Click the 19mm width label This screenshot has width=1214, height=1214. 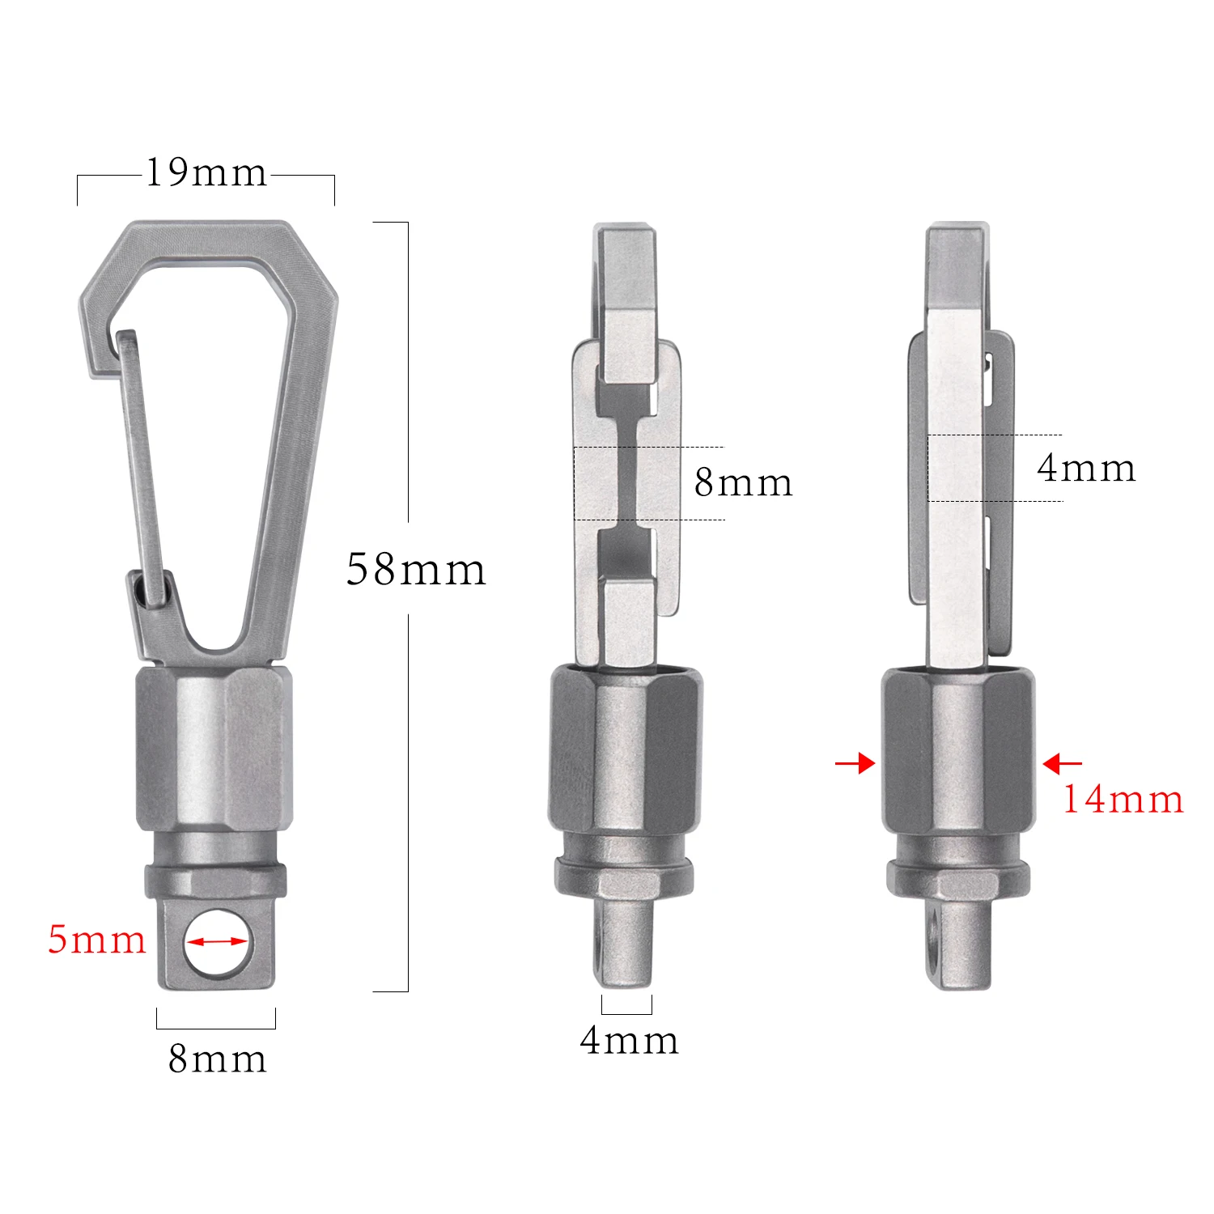[206, 173]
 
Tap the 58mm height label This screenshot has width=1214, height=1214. [416, 569]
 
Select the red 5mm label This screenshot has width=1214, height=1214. [96, 940]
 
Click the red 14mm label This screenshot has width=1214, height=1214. [1123, 800]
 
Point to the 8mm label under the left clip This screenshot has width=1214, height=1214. [217, 1059]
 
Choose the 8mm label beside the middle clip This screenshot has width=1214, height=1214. [743, 482]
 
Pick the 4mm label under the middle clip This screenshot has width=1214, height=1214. [629, 1041]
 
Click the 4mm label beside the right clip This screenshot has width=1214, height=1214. [1086, 469]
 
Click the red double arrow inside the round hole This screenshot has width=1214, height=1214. [216, 941]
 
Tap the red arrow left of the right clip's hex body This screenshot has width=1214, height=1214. [855, 763]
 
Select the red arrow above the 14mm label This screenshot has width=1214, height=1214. [1062, 763]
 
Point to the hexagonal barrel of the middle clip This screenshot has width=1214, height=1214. [626, 749]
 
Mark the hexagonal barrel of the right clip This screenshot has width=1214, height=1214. [958, 749]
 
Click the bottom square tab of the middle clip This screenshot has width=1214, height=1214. [626, 943]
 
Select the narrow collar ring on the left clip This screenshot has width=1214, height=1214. [215, 880]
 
